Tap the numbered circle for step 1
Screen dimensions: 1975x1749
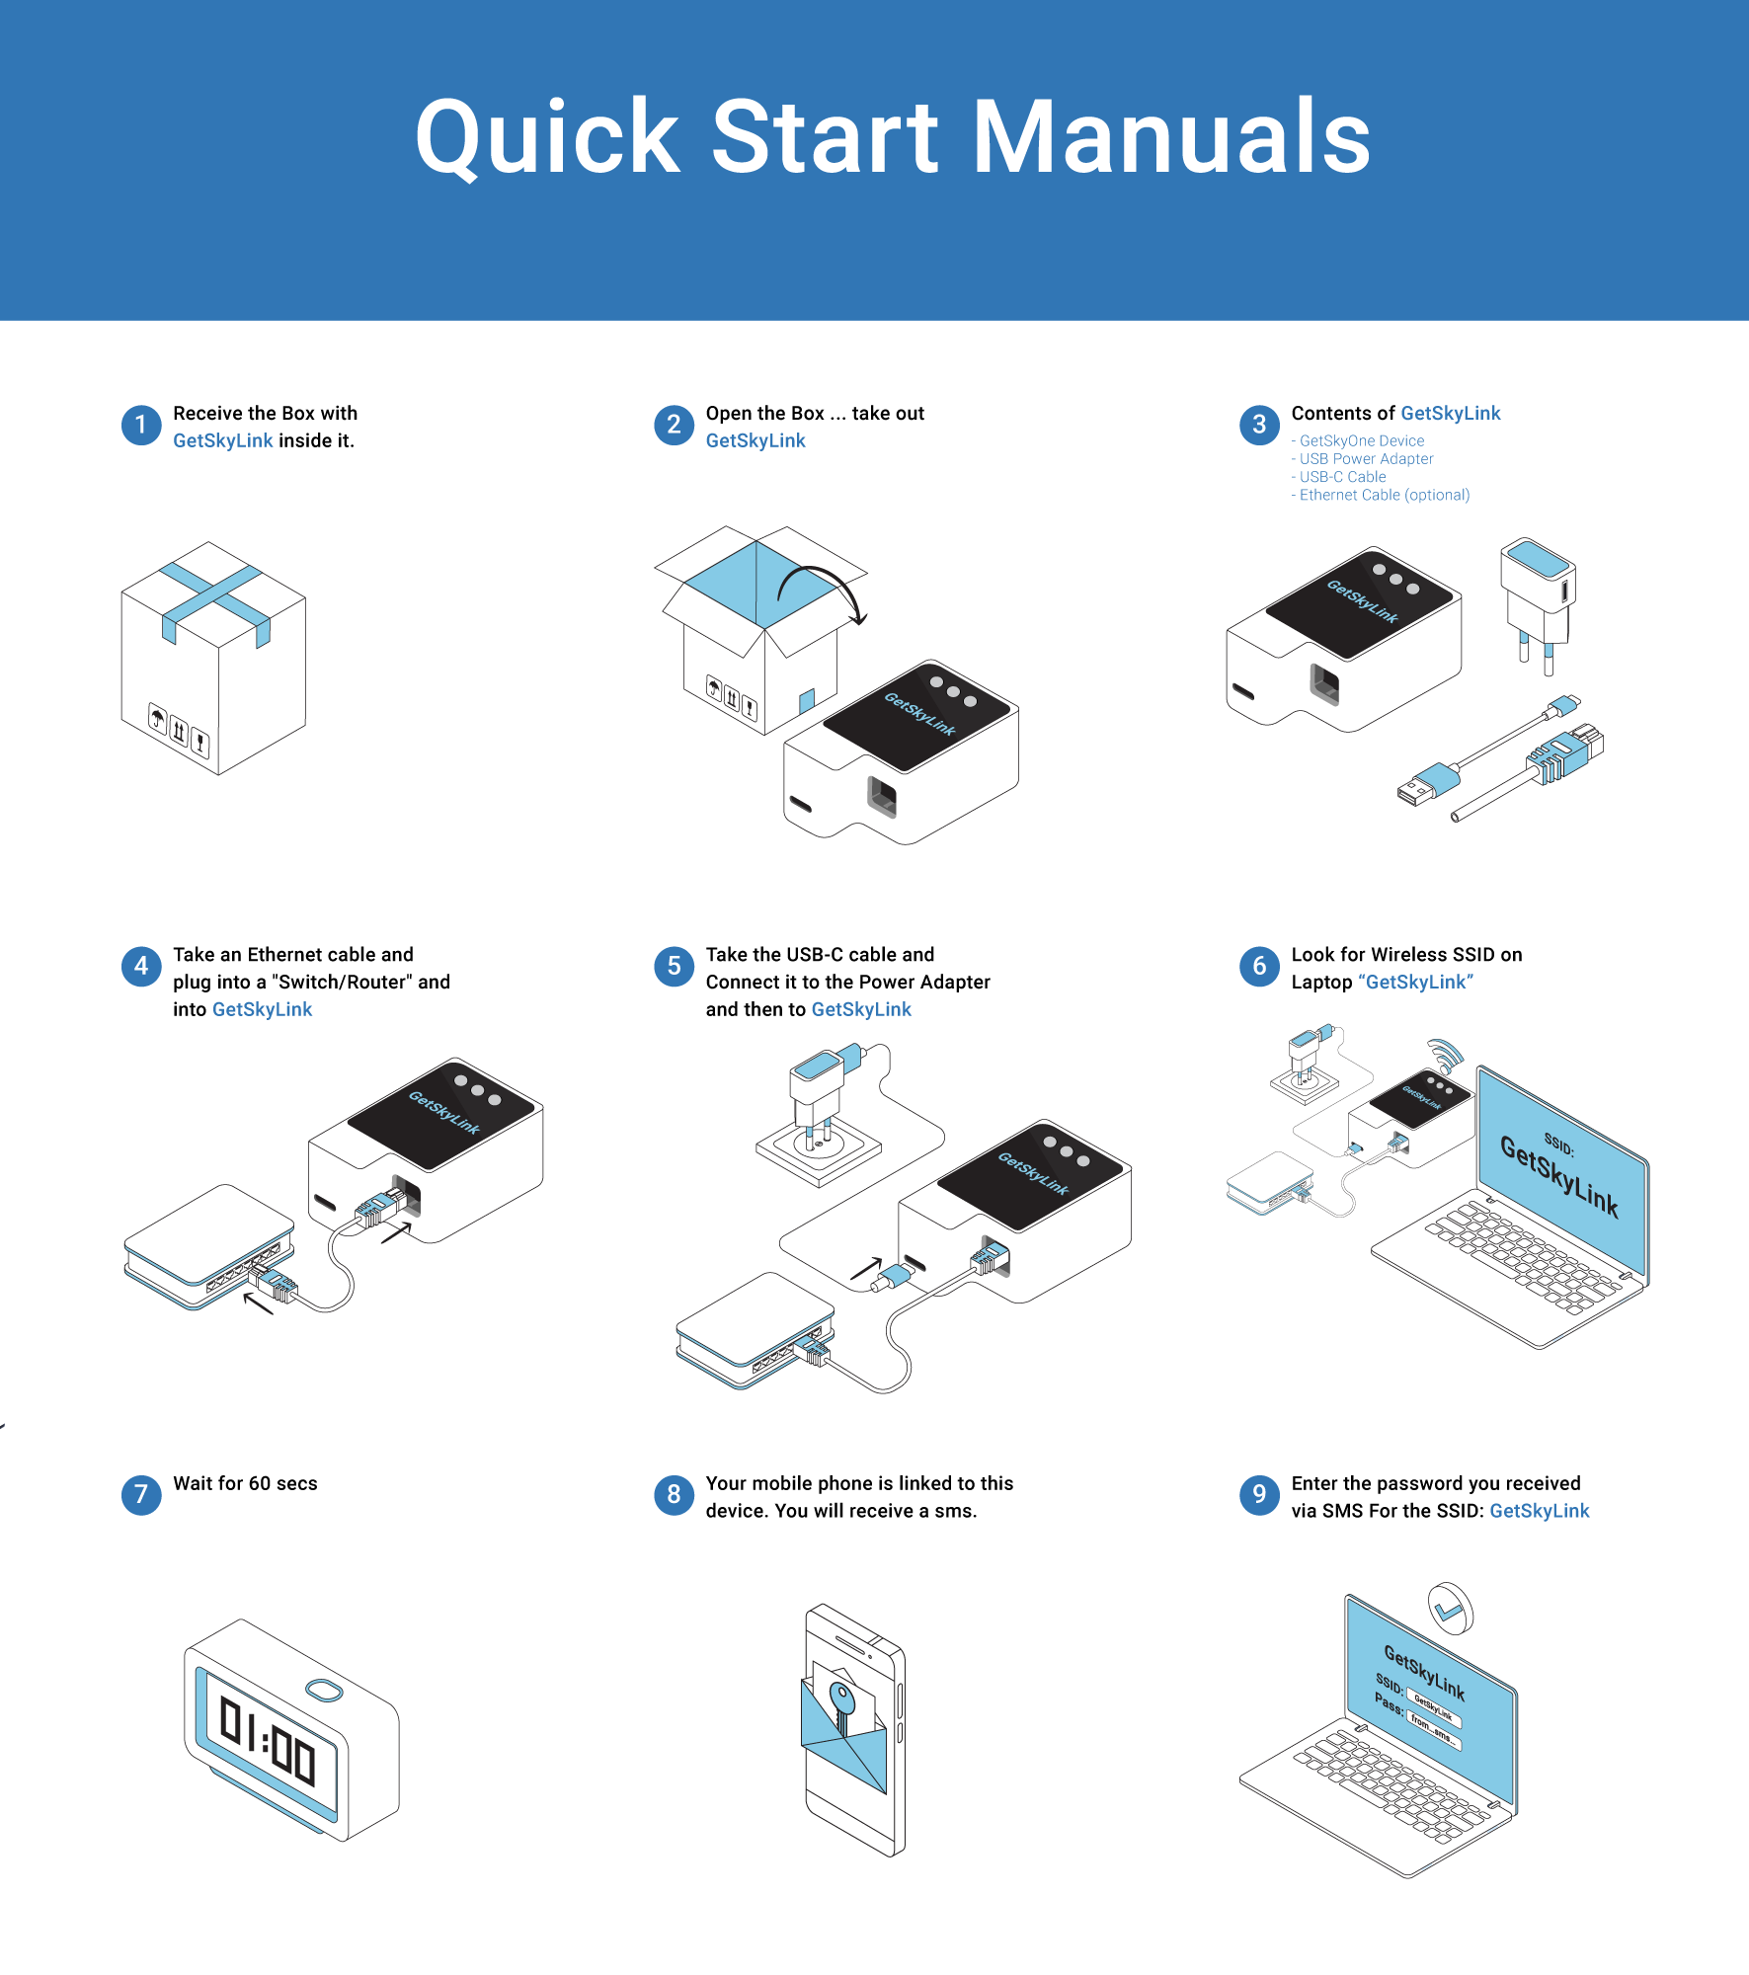click(141, 426)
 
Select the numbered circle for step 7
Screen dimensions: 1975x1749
click(141, 1495)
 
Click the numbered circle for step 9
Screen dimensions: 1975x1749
click(1259, 1495)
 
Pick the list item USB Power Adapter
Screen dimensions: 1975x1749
click(1366, 459)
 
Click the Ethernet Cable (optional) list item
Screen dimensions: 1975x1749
click(1384, 495)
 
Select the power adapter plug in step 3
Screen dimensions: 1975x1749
click(1537, 597)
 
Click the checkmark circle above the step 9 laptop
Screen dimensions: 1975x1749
click(1451, 1611)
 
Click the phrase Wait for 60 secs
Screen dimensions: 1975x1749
click(245, 1483)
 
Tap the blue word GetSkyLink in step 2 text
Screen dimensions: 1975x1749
click(755, 441)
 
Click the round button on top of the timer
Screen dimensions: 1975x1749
click(324, 1692)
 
